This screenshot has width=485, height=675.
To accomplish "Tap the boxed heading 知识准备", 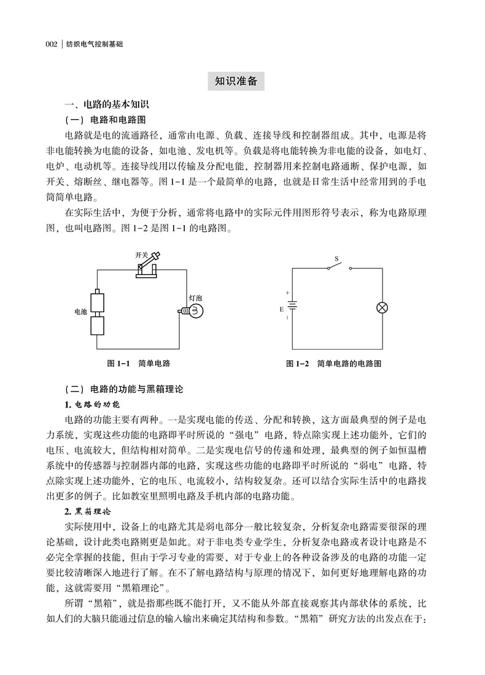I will (x=236, y=81).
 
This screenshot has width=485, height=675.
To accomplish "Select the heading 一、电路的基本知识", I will (x=107, y=105).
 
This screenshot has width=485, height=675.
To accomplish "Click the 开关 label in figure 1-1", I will (x=141, y=254).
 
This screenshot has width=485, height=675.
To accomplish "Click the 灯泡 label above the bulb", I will (x=195, y=298).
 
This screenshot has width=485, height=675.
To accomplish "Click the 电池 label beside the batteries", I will (x=80, y=312).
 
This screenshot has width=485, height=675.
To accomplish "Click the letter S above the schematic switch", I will (x=335, y=259).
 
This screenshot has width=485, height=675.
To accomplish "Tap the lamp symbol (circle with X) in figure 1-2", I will (x=381, y=308).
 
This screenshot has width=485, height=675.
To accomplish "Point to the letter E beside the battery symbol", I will (x=282, y=309).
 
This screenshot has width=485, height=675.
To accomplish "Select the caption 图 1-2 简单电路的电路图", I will (x=334, y=364).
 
